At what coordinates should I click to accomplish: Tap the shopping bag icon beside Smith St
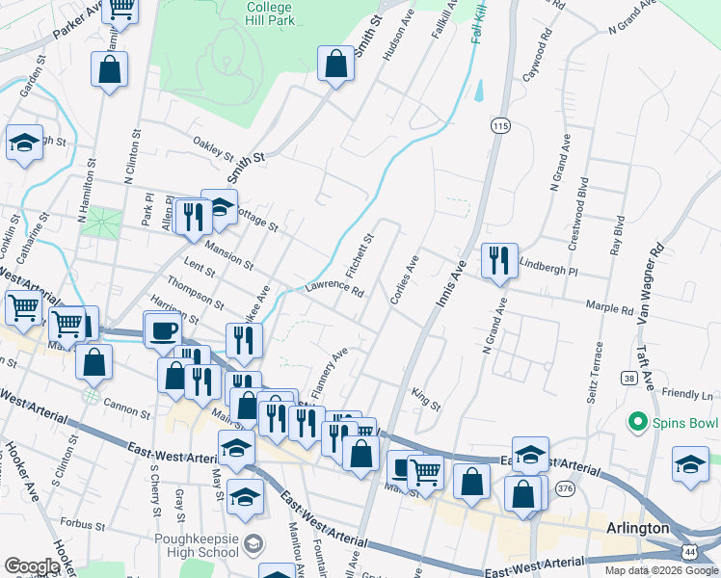[336, 65]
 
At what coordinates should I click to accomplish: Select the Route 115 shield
[499, 126]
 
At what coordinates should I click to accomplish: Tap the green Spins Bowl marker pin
[635, 422]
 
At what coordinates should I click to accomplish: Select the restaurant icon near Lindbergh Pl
[498, 261]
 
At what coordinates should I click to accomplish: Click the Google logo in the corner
[32, 566]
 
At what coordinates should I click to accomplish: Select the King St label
[425, 399]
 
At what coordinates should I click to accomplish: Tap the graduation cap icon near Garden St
[25, 144]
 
